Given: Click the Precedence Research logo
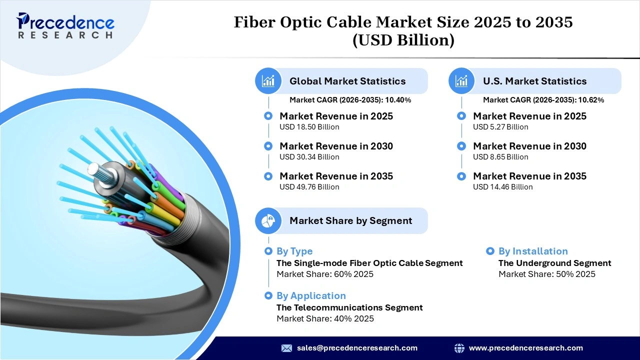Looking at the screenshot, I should [65, 26].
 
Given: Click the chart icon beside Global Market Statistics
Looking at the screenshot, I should [268, 81].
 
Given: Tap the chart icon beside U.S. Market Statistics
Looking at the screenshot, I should [461, 81].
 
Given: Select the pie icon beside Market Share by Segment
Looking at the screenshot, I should [268, 220].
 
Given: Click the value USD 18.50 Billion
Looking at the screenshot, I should [309, 127].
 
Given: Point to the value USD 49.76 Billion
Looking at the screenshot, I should [309, 187].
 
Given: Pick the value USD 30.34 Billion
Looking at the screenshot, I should [309, 157].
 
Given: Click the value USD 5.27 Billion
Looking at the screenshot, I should [500, 127].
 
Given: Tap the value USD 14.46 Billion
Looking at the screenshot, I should [503, 187].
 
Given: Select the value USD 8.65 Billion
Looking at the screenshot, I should [500, 157].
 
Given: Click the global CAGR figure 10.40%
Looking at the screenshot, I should [398, 100].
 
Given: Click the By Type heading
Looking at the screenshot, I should [294, 251].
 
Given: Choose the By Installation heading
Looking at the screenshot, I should [533, 251].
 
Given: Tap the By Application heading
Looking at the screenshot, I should [311, 296].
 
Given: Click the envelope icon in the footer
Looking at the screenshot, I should [286, 348].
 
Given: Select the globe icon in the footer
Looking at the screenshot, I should [459, 348].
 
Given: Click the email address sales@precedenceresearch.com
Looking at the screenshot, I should [357, 348].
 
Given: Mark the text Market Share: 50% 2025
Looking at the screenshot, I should [547, 274].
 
